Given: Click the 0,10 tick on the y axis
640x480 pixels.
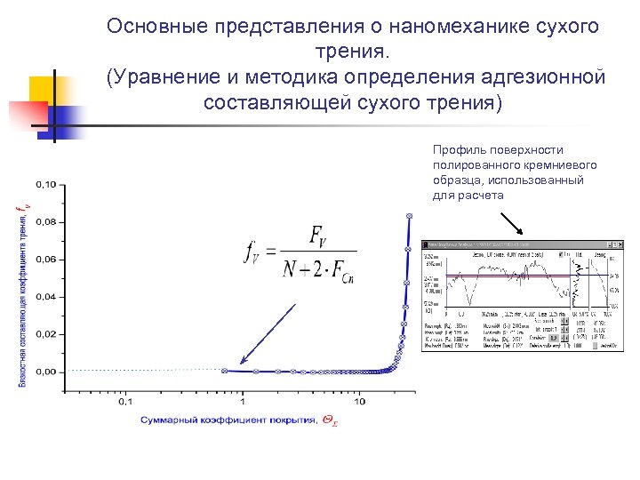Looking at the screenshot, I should pos(45,185).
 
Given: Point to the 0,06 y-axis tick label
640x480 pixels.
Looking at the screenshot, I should pos(45,260).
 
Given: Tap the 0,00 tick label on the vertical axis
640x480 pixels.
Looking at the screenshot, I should pos(45,372).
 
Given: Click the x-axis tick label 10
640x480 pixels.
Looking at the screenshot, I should pos(358,402).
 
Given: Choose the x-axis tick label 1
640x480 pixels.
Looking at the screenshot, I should pos(242,402).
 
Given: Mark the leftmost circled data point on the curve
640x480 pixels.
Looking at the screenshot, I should pos(224,371).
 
